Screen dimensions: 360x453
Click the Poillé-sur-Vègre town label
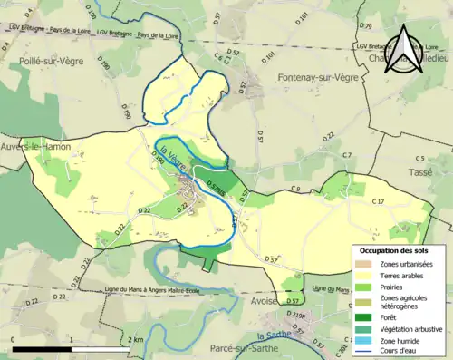pyautogui.click(x=53, y=60)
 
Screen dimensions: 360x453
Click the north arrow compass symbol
pyautogui.click(x=400, y=50)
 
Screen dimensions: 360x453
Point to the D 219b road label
pyautogui.click(x=297, y=316)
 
